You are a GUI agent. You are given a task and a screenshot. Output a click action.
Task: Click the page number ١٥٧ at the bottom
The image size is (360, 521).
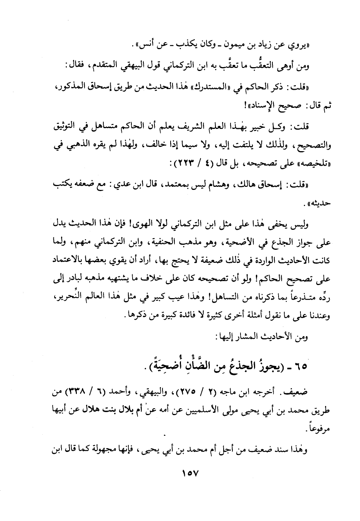pos(189,475)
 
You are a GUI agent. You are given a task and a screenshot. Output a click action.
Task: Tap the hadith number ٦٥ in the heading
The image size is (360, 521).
pos(302,366)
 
